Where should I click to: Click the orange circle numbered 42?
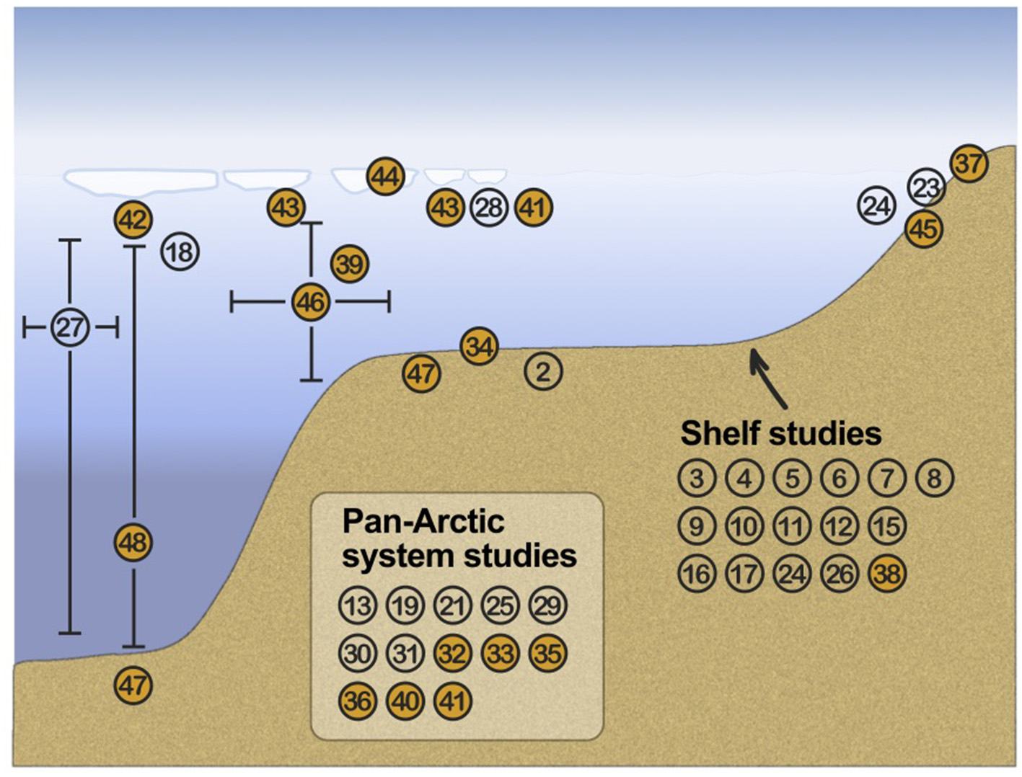pyautogui.click(x=133, y=220)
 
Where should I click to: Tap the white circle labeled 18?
pyautogui.click(x=180, y=252)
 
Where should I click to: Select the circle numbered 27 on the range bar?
pyautogui.click(x=70, y=328)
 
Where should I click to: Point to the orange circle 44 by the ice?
pyautogui.click(x=385, y=177)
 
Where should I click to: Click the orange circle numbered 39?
pyautogui.click(x=350, y=265)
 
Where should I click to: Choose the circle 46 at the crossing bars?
pyautogui.click(x=311, y=302)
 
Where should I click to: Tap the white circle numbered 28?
pyautogui.click(x=489, y=208)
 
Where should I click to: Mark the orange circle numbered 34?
pyautogui.click(x=480, y=347)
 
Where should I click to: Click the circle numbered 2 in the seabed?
pyautogui.click(x=543, y=372)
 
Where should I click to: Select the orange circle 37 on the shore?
pyautogui.click(x=969, y=164)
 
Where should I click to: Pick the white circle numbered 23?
pyautogui.click(x=925, y=187)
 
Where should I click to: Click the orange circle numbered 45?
pyautogui.click(x=924, y=229)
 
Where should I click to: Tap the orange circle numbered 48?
pyautogui.click(x=133, y=542)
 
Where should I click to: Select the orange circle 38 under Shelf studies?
pyautogui.click(x=887, y=574)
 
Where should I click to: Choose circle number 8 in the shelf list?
pyautogui.click(x=935, y=478)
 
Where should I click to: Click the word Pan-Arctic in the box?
pyautogui.click(x=423, y=521)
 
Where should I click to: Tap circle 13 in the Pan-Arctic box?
pyautogui.click(x=357, y=606)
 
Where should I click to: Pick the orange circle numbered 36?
pyautogui.click(x=357, y=701)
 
